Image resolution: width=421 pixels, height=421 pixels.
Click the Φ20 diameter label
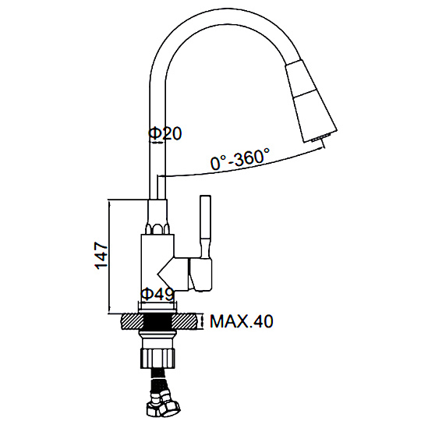(x=165, y=133)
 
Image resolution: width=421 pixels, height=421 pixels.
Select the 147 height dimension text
(x=101, y=256)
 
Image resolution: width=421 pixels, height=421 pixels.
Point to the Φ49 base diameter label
(x=157, y=295)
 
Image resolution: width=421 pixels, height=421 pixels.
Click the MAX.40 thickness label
(x=242, y=321)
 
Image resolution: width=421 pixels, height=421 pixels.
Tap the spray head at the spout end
(x=311, y=102)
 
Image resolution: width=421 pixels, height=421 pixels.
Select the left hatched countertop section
(x=133, y=321)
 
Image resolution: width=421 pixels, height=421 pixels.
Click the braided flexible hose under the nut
(x=158, y=382)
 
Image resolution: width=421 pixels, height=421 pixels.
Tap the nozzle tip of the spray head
(x=320, y=139)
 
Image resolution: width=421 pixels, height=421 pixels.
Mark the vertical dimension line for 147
(x=109, y=256)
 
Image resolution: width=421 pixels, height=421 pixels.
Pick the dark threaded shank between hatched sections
(x=157, y=321)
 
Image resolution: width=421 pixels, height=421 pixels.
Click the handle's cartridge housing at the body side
(x=200, y=274)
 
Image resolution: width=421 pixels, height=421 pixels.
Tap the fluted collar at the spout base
(x=157, y=228)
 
